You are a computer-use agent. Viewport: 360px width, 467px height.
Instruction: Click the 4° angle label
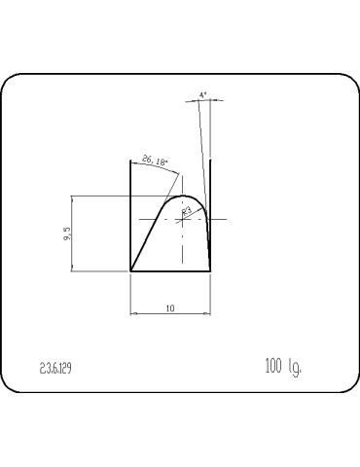pyautogui.click(x=202, y=95)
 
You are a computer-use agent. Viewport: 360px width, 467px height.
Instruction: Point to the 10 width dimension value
pyautogui.click(x=170, y=307)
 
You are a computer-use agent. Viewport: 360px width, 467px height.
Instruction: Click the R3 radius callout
pyautogui.click(x=188, y=208)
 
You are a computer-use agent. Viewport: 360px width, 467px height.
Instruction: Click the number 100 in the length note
pyautogui.click(x=273, y=367)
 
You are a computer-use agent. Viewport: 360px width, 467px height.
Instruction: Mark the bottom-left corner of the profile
pyautogui.click(x=131, y=271)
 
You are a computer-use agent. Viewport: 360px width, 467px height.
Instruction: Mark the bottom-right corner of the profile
pyautogui.click(x=210, y=271)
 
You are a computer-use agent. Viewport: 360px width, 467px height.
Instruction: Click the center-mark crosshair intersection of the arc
pyautogui.click(x=184, y=220)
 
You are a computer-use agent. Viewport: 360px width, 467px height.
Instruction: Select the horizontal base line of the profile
pyautogui.click(x=170, y=271)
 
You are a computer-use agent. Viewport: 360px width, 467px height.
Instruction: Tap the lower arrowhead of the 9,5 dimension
pyautogui.click(x=75, y=269)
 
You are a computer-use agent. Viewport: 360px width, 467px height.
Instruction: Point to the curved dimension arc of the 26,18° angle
pyautogui.click(x=161, y=167)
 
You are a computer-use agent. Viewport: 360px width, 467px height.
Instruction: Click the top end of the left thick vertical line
pyautogui.click(x=131, y=160)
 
